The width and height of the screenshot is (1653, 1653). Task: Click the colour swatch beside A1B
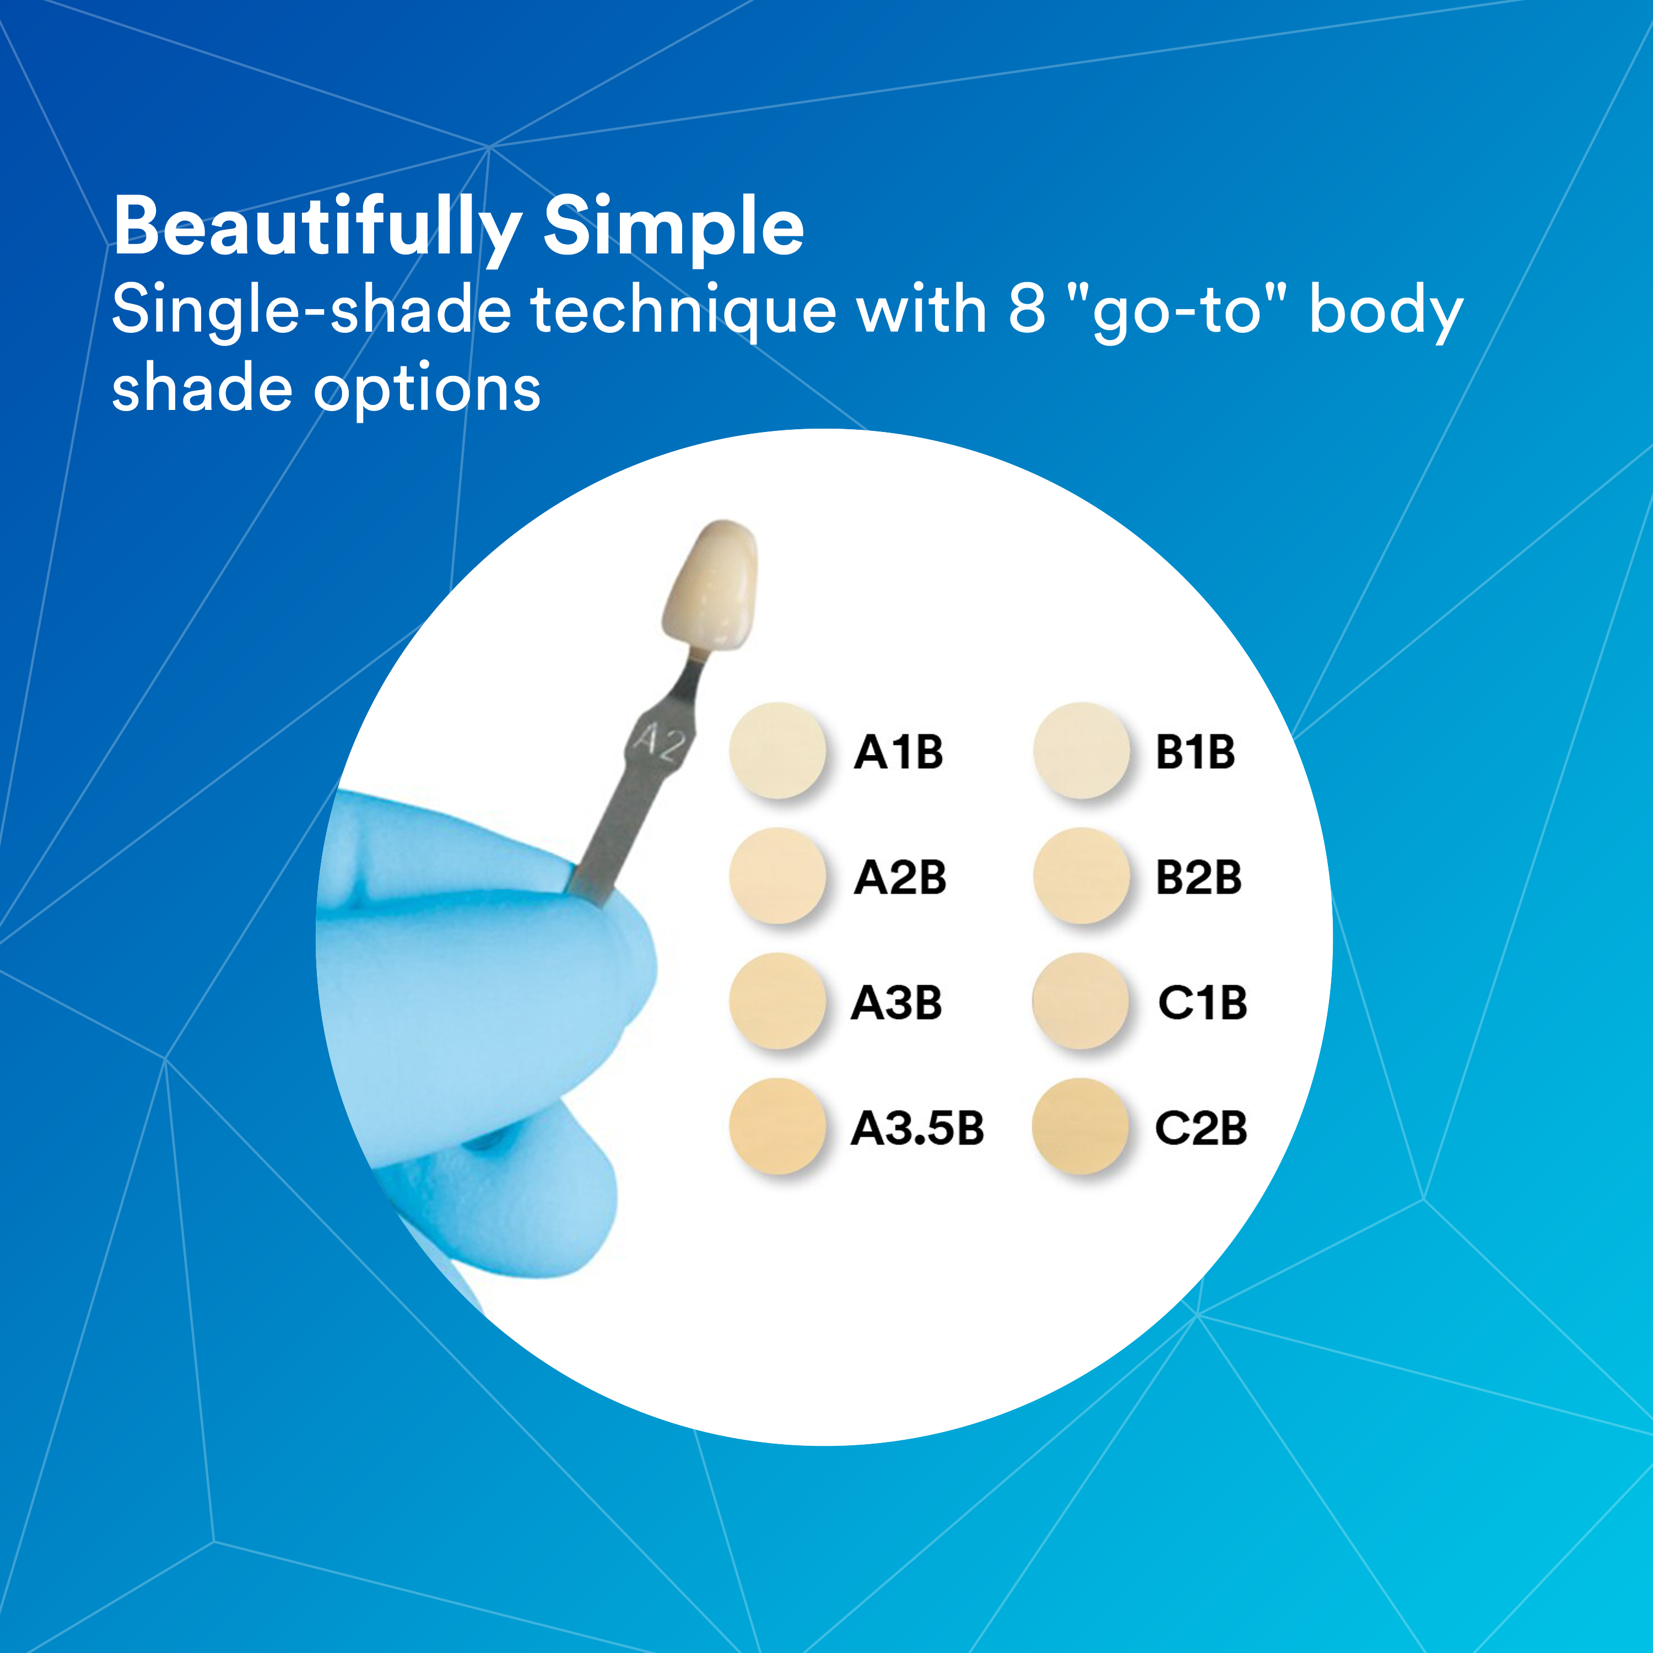(x=777, y=750)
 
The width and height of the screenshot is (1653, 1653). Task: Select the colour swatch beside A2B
(x=777, y=876)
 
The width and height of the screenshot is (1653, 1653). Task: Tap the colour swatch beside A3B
(x=777, y=1001)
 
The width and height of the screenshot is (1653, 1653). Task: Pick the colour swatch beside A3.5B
(x=777, y=1126)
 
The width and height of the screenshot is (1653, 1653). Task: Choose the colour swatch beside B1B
(x=1082, y=750)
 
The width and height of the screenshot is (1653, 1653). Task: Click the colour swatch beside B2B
(x=1082, y=876)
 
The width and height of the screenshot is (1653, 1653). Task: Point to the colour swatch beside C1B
(x=1082, y=1001)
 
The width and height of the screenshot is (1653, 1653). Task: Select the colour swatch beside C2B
(x=1082, y=1126)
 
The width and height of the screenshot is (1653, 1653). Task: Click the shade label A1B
(x=898, y=753)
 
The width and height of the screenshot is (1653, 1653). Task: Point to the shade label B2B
(x=1198, y=878)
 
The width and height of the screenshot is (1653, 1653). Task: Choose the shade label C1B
(x=1202, y=1003)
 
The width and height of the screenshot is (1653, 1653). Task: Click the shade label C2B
(x=1201, y=1128)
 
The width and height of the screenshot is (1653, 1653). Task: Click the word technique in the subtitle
(x=683, y=311)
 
